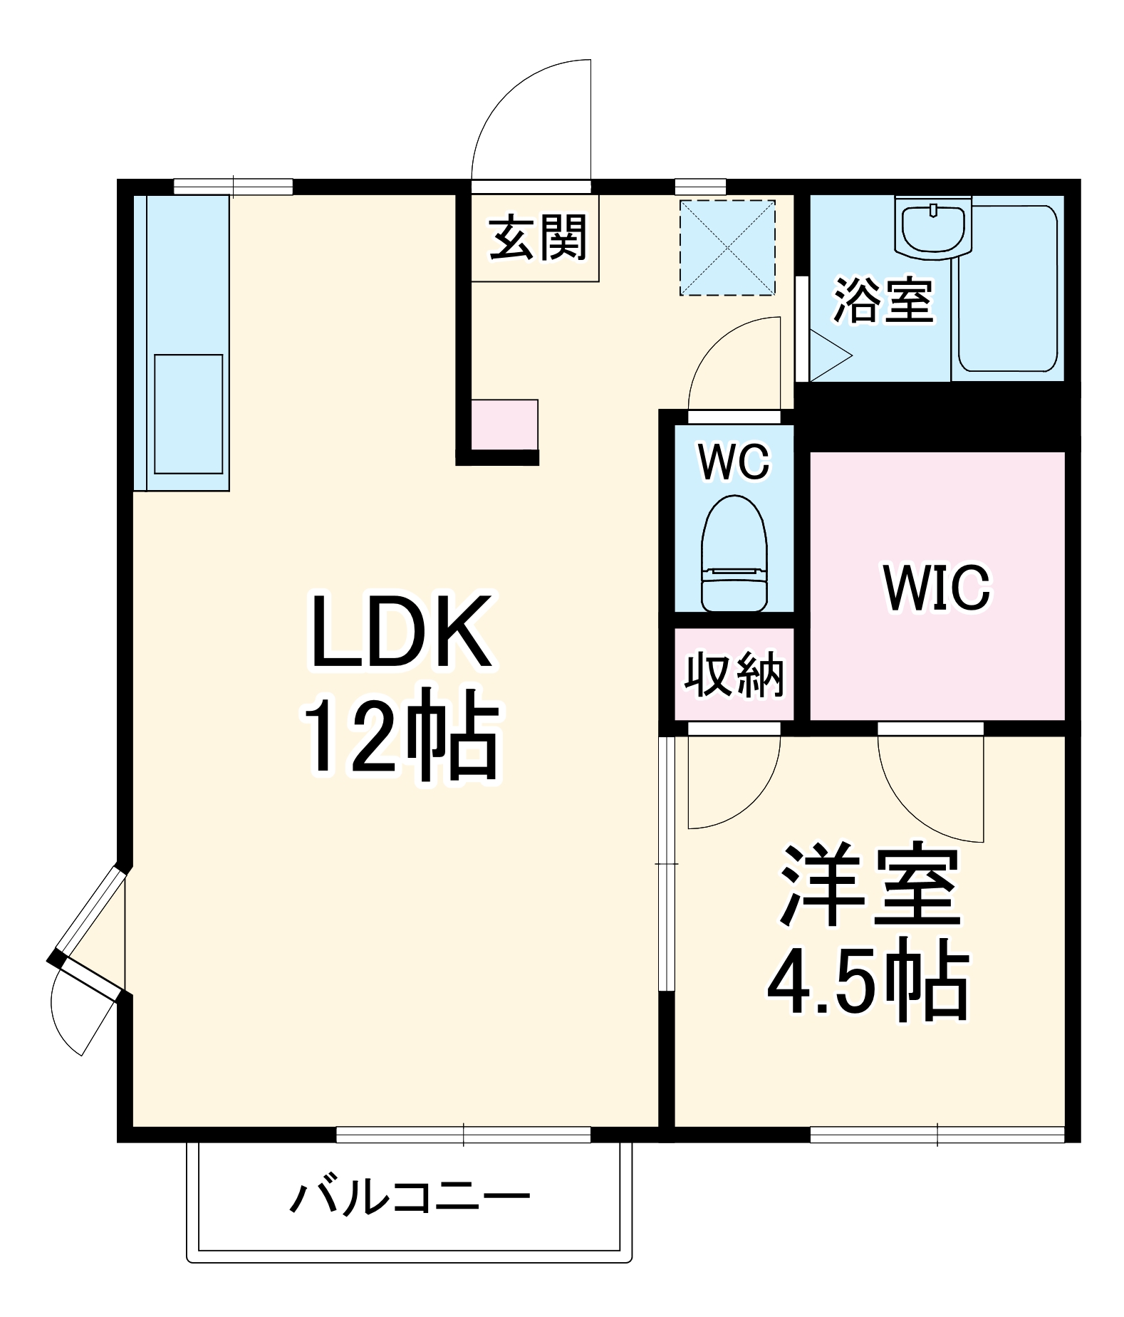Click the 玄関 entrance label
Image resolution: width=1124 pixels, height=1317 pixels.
click(537, 239)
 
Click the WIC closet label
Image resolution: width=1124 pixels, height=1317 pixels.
click(936, 588)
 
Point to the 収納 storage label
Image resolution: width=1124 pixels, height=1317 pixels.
click(734, 674)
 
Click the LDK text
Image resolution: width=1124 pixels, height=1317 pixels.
click(401, 631)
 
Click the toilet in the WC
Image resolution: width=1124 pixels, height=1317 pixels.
click(734, 553)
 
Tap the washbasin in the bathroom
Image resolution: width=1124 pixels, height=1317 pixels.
click(933, 228)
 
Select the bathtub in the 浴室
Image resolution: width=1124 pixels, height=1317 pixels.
click(1009, 289)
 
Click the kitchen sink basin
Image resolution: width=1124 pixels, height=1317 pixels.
click(188, 413)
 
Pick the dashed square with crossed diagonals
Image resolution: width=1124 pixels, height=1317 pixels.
click(727, 247)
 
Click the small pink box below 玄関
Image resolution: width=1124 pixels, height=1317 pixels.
click(504, 425)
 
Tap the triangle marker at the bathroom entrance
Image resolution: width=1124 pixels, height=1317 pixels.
click(828, 356)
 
